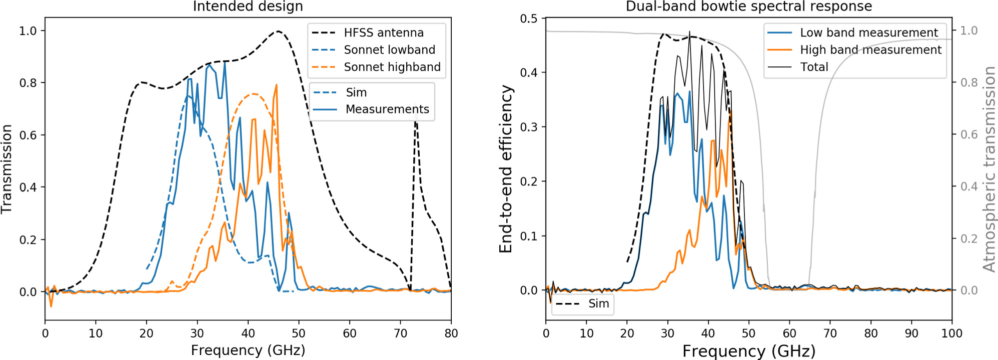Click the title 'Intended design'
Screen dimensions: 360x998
[x=248, y=6]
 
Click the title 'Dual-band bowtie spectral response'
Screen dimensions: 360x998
[x=749, y=6]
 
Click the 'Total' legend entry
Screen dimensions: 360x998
[x=814, y=67]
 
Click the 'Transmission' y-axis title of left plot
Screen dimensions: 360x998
[x=7, y=169]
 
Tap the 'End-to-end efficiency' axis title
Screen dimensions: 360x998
[x=506, y=169]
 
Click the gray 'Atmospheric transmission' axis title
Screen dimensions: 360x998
[x=989, y=169]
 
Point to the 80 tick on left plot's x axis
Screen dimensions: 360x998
[x=451, y=333]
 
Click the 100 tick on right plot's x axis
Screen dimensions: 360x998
[x=951, y=333]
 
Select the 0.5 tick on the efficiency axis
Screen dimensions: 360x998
[x=528, y=18]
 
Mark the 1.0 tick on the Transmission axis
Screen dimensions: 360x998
[x=28, y=31]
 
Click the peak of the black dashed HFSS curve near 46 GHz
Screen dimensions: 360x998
[x=278, y=31]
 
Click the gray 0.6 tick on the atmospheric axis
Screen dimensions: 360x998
[x=968, y=134]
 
